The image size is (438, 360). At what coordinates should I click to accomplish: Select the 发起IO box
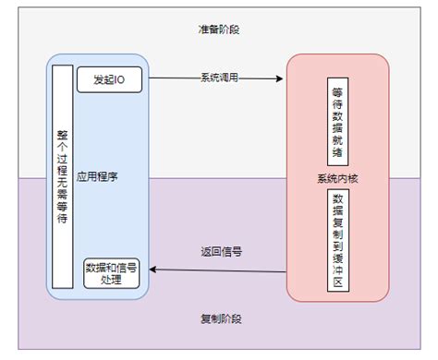(x=109, y=79)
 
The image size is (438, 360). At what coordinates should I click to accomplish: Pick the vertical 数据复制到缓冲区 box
(x=336, y=241)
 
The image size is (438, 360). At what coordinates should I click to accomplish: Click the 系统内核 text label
(x=336, y=178)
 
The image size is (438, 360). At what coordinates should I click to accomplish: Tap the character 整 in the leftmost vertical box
(x=63, y=133)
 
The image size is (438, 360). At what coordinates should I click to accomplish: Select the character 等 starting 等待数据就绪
(x=336, y=94)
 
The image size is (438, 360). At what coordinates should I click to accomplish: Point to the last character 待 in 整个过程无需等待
(x=63, y=221)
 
